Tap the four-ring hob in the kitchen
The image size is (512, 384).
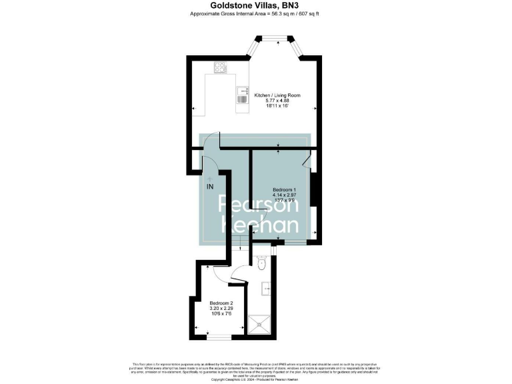point(220,67)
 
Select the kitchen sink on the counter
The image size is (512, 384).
point(241,95)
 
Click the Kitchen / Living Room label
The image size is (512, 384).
point(277,95)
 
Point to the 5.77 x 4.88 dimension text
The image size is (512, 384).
point(277,101)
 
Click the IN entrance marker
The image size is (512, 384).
point(210,186)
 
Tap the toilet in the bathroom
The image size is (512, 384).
point(261,265)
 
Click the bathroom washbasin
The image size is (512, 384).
point(265,289)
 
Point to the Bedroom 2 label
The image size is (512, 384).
point(221,303)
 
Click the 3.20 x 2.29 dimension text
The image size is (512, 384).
point(221,309)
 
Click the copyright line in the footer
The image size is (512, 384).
point(256,379)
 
